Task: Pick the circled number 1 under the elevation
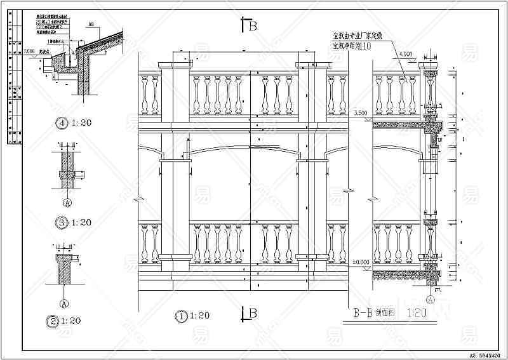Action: point(182,315)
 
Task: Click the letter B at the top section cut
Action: point(252,26)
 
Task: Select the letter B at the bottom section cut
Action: point(252,313)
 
